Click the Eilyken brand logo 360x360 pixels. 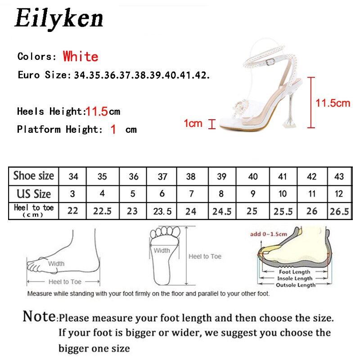tap(59, 19)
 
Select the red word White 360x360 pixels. tap(81, 57)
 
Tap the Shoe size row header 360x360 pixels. tap(34, 175)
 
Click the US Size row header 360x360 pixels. tap(34, 194)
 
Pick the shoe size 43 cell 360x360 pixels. tap(339, 176)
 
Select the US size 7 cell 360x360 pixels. tap(191, 194)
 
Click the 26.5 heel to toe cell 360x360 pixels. tap(339, 211)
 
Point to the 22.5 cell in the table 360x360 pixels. tap(102, 211)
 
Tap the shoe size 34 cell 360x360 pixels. tap(73, 176)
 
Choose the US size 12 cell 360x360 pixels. tap(339, 194)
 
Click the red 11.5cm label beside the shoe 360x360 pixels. tap(333, 103)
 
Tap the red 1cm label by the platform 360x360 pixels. tap(193, 123)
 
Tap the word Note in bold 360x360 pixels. tap(40, 316)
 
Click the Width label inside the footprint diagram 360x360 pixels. tap(162, 251)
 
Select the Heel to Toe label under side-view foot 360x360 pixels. tap(65, 282)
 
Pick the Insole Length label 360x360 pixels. tap(294, 278)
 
